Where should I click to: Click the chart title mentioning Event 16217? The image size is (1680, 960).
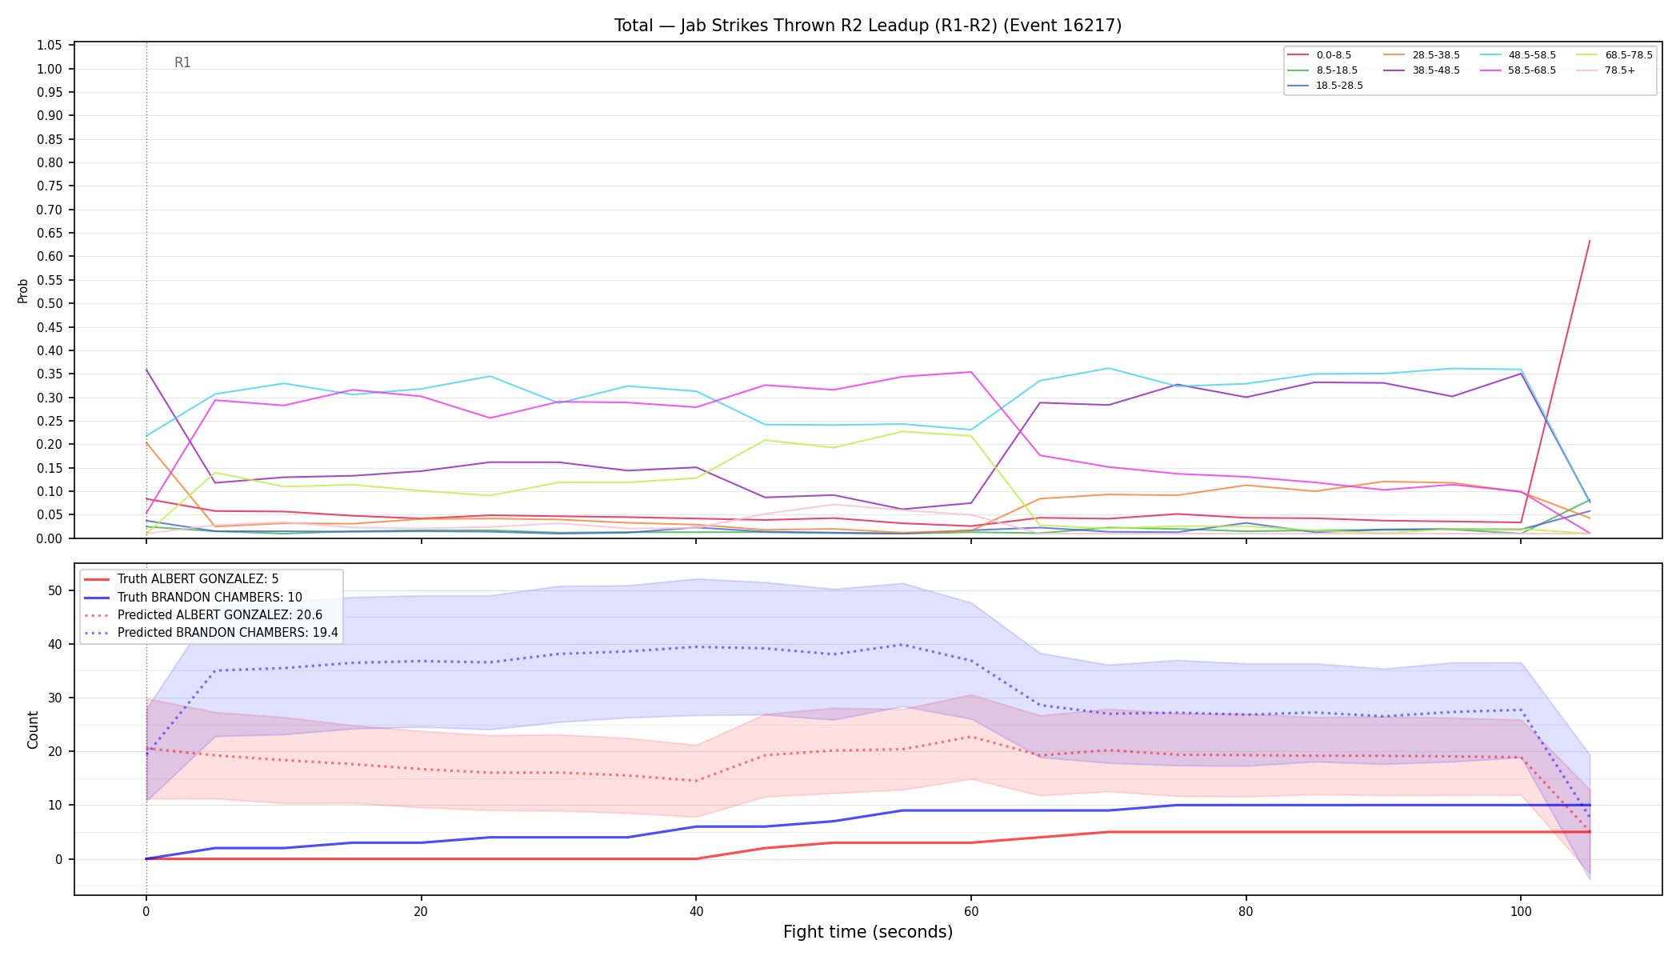868,26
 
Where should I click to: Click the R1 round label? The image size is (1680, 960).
182,62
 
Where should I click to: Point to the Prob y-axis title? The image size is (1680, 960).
22,290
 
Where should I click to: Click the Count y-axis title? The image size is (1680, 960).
33,730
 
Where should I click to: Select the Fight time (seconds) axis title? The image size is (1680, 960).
868,932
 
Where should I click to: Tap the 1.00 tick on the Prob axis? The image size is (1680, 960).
50,69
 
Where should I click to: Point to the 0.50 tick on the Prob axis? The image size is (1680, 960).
50,303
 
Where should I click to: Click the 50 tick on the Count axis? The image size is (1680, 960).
54,590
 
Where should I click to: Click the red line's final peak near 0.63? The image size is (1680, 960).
1589,241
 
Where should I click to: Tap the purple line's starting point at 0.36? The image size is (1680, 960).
146,370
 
